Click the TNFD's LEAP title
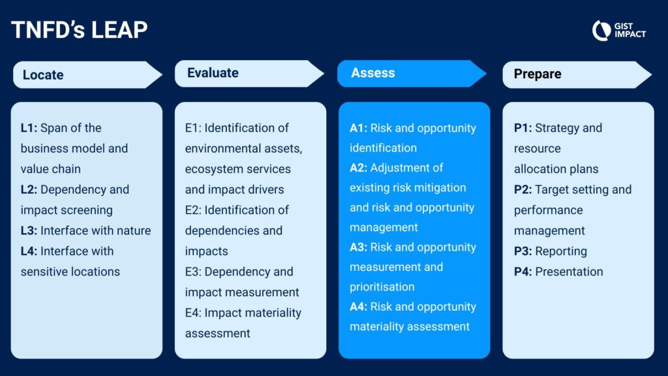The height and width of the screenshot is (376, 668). pos(79,30)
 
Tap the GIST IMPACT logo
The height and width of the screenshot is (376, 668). pos(618,30)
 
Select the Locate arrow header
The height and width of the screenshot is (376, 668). pos(88,74)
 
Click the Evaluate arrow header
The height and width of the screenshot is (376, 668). pos(250,73)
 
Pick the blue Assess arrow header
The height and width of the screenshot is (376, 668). pos(412,73)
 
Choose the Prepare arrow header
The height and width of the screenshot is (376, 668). pos(577,74)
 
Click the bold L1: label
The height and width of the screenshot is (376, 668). pos(29,128)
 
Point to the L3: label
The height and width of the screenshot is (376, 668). pos(29,230)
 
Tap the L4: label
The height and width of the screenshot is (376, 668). pos(29,251)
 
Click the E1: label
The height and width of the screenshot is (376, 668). pos(193,128)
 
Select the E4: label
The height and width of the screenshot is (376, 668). pos(193,313)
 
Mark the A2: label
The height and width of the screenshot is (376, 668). pos(358,168)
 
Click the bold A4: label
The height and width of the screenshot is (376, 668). pos(358,307)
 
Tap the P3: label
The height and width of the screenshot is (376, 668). pos(523,251)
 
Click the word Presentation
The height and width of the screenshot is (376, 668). pos(569,272)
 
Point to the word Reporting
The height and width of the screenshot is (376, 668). pos(561,251)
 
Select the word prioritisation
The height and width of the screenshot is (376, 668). pos(382,287)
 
